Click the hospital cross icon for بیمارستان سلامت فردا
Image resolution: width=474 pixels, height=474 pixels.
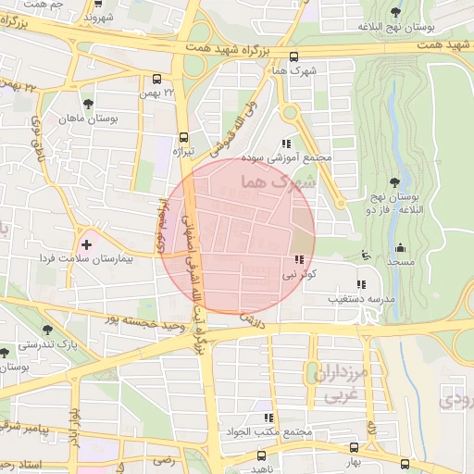86,244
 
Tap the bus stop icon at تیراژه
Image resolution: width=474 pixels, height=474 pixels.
183,136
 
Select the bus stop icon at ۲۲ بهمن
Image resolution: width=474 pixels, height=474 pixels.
156,80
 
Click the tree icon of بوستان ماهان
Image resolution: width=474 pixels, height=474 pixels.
88,104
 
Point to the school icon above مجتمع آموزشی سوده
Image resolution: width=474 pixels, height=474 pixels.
286,143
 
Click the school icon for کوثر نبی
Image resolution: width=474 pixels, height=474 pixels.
299,260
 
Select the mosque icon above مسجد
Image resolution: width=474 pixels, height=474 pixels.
400,247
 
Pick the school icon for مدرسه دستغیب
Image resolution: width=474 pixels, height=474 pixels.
360,284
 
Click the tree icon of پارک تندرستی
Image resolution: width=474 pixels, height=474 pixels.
47,329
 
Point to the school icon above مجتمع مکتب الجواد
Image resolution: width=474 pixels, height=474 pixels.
268,418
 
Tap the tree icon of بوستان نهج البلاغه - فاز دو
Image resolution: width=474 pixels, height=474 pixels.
395,182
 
